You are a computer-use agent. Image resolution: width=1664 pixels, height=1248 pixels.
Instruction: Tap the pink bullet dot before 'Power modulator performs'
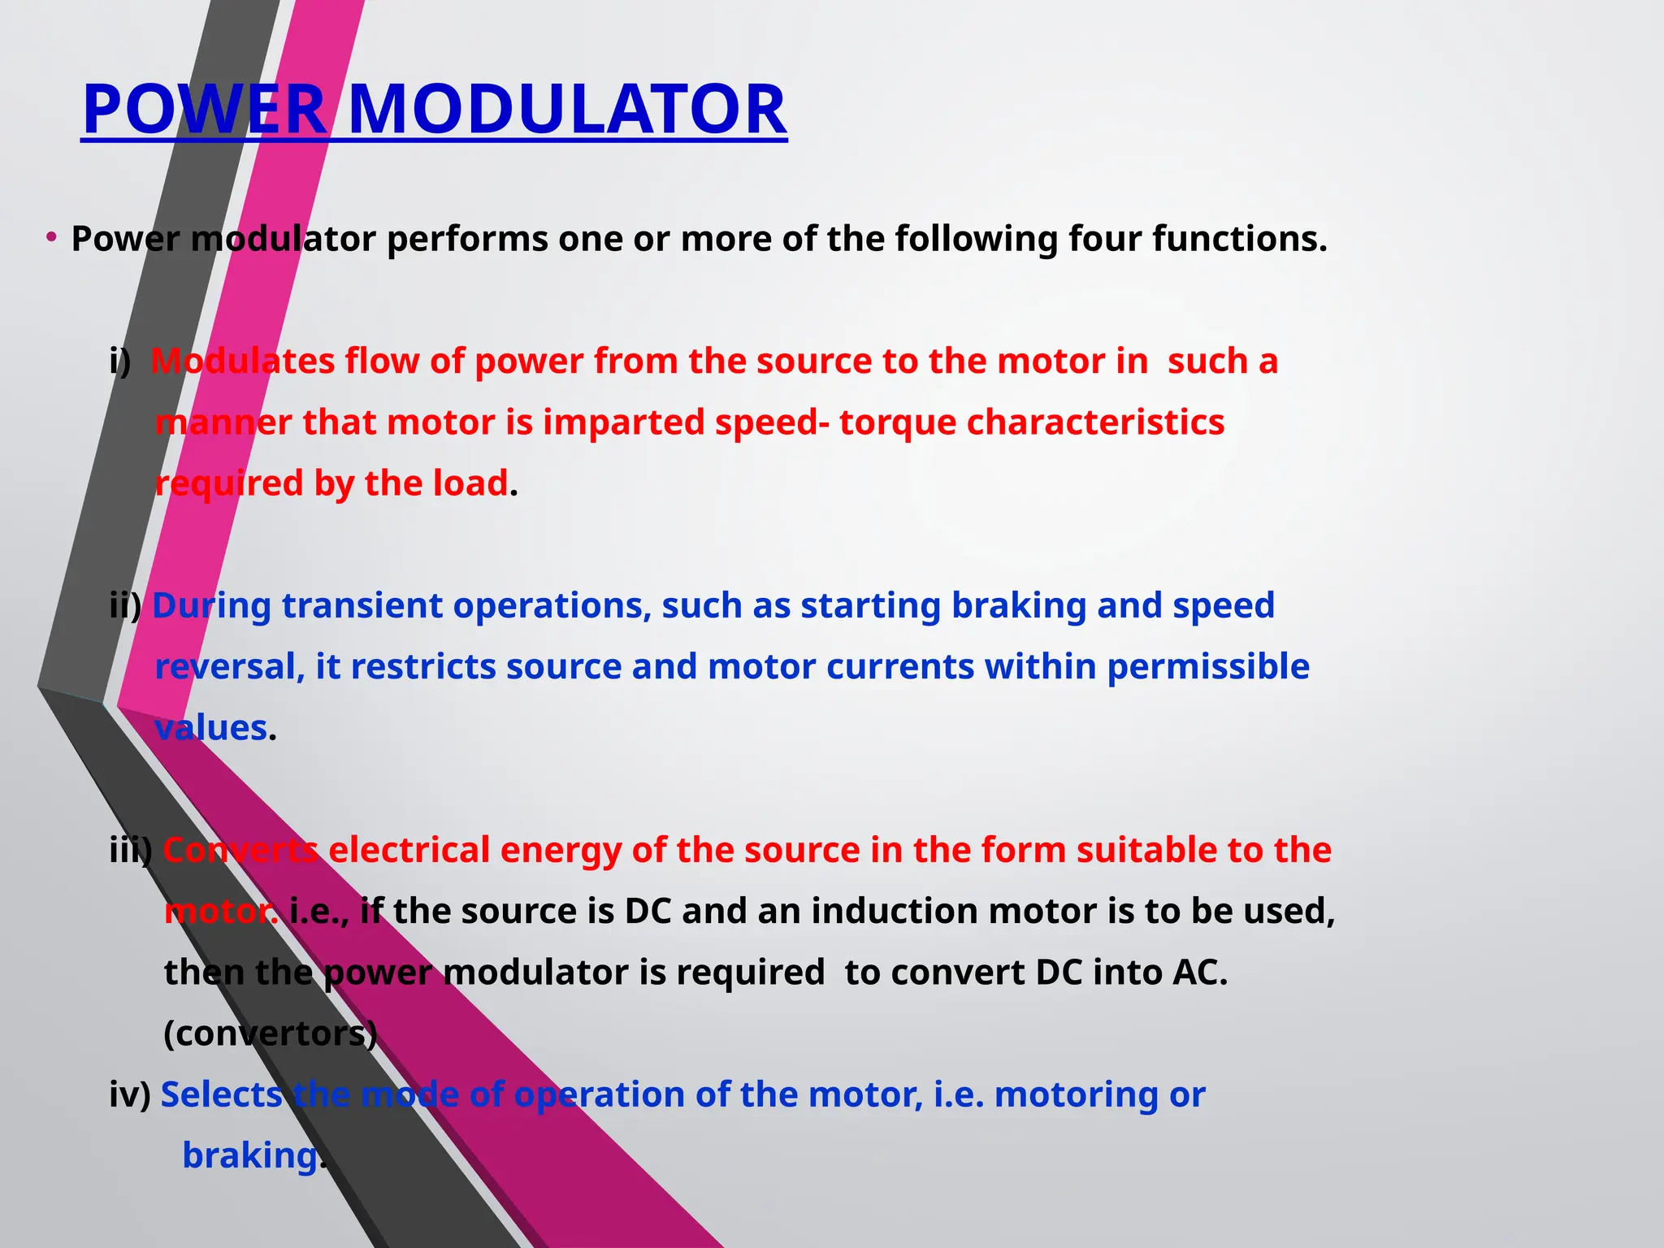pos(51,237)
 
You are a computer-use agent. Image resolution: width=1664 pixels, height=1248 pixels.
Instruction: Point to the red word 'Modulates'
pos(242,361)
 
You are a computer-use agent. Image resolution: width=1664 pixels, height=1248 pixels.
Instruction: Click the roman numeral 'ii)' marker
pos(125,606)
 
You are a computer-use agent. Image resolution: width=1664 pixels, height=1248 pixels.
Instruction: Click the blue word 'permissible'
pos(1207,668)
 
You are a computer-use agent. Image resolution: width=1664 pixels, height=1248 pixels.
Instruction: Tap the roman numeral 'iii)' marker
pos(131,851)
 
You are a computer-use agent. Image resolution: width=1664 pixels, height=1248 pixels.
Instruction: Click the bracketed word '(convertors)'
pos(271,1034)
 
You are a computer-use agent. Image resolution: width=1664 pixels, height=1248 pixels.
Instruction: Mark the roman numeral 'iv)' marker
pos(130,1095)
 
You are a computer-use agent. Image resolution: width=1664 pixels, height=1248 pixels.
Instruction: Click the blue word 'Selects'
pos(221,1095)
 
